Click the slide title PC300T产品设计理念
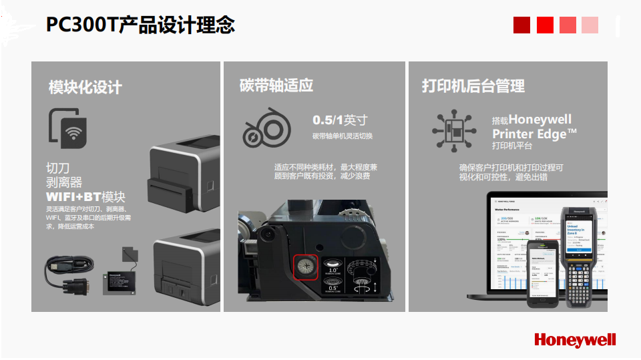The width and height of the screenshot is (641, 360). coord(140,25)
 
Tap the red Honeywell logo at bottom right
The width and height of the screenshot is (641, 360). coord(575,340)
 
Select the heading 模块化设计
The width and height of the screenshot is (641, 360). coord(85,87)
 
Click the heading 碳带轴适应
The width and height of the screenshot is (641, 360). coord(276,85)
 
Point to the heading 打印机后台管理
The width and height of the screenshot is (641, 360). coord(473,85)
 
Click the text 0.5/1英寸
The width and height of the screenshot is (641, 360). coord(340,120)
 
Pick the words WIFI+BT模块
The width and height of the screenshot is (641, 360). coord(85,197)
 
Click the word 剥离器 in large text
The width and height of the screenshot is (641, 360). coord(64,182)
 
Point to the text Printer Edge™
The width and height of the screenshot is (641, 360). coord(534,134)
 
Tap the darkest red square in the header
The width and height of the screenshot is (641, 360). coord(521,25)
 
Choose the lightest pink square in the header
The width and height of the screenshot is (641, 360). coord(590,25)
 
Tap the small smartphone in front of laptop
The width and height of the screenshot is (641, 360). coord(542,274)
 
